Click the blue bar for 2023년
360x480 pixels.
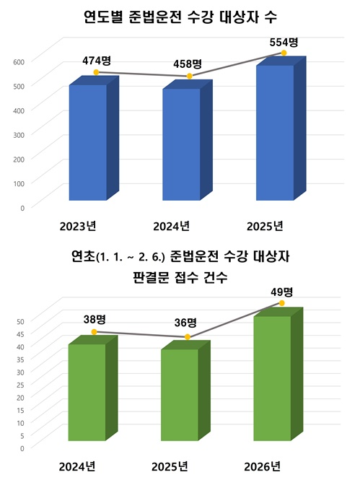(87, 142)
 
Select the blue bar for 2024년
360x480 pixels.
(180, 144)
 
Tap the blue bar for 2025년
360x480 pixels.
(275, 132)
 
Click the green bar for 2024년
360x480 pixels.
(87, 392)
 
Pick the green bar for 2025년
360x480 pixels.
(180, 395)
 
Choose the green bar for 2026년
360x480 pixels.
(272, 378)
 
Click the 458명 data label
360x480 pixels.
(188, 64)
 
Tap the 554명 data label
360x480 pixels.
(284, 41)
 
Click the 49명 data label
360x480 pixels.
(281, 292)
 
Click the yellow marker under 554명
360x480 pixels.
(284, 53)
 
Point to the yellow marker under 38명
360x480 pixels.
(94, 332)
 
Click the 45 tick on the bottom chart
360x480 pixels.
(20, 333)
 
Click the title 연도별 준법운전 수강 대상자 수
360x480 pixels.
(180, 16)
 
